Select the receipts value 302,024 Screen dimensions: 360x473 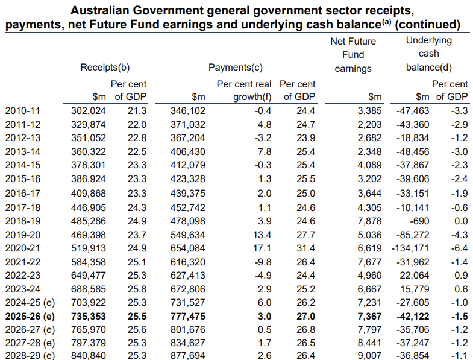click(x=89, y=110)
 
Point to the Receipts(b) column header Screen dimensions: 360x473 click(x=105, y=68)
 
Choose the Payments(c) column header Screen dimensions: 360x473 click(x=235, y=68)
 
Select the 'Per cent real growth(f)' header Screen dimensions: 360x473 click(x=244, y=90)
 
